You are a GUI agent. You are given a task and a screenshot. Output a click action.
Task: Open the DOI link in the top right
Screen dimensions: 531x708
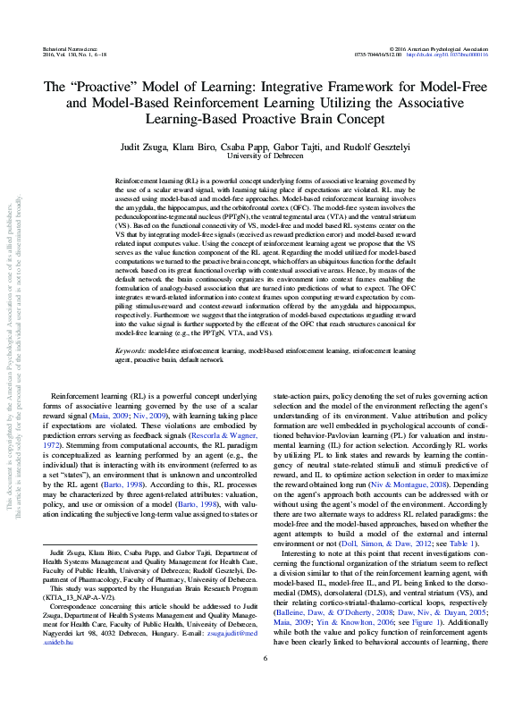458,52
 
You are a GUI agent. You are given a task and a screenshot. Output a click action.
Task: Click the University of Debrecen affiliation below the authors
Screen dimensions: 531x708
265,156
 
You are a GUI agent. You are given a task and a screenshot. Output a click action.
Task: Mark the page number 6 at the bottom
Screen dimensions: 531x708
265,684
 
